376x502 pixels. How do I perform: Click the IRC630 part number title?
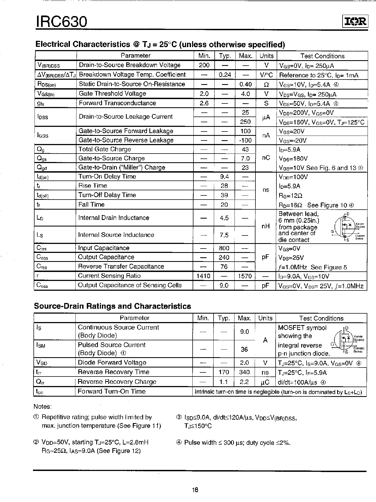point(61,21)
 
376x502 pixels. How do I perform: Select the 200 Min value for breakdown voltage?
point(204,65)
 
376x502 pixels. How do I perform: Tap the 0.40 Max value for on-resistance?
point(245,84)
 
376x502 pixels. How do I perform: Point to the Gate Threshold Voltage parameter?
point(112,94)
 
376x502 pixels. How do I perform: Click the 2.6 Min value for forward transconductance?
point(204,103)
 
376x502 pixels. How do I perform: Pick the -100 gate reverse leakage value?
point(245,140)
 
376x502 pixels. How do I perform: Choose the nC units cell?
point(266,158)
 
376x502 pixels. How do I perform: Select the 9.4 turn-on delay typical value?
point(224,177)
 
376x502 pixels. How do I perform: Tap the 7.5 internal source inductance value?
point(224,235)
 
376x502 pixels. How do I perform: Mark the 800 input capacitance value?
point(224,248)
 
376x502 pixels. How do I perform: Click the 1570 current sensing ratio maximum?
point(245,276)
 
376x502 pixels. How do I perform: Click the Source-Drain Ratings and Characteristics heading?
point(112,306)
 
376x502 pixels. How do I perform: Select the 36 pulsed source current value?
point(244,349)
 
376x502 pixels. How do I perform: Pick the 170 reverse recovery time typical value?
point(224,372)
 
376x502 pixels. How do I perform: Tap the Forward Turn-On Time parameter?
point(112,391)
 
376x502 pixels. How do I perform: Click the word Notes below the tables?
point(42,407)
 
